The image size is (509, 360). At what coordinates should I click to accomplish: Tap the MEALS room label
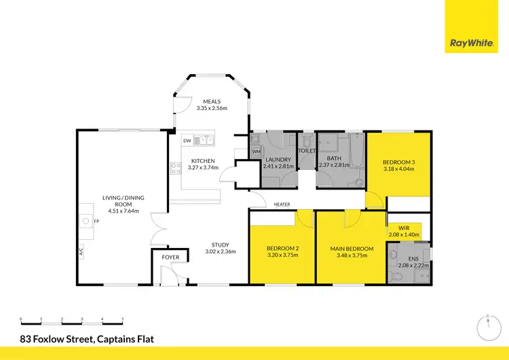(x=211, y=102)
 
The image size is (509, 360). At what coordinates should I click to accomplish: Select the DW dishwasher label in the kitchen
(x=187, y=141)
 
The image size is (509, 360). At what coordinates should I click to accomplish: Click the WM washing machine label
(x=256, y=151)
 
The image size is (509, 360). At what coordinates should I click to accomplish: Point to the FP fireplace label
(x=96, y=221)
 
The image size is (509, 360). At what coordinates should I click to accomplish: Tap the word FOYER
(x=170, y=257)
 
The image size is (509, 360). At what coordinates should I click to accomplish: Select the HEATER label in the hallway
(x=282, y=204)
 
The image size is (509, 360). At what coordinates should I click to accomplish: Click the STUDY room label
(x=220, y=245)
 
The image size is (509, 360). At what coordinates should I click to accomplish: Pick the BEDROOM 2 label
(x=282, y=249)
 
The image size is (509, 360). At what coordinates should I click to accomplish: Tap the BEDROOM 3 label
(x=398, y=162)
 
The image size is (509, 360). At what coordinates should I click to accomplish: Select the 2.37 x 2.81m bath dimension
(x=333, y=164)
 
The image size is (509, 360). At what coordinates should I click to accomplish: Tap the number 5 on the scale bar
(x=123, y=319)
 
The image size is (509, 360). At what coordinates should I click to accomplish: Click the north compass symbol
(x=487, y=329)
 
